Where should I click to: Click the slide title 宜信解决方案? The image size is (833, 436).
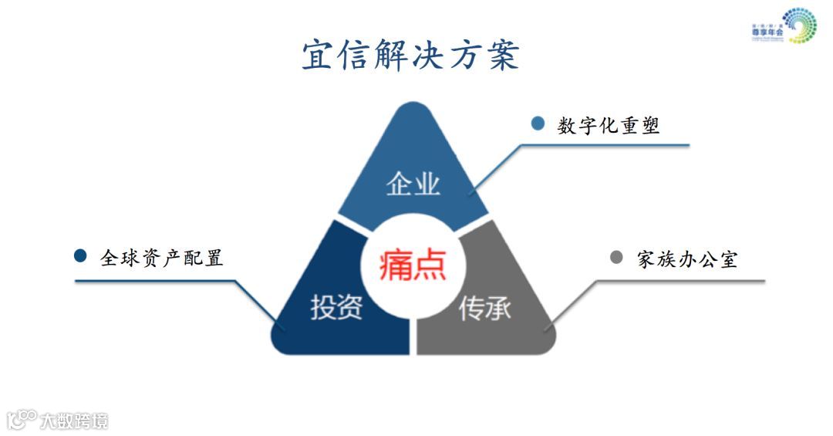410,56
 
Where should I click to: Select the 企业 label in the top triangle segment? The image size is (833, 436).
413,184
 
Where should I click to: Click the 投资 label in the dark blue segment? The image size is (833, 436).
336,307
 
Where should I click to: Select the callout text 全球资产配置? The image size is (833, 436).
162,258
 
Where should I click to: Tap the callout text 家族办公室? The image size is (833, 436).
686,259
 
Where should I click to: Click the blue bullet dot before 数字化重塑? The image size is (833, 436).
538,123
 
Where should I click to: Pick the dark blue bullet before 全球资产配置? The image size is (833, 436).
80,255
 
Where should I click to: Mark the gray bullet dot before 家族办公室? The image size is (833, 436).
616,257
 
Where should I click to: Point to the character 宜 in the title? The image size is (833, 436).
317,56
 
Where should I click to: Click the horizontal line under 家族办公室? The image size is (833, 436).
679,281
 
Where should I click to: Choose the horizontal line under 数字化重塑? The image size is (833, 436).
602,144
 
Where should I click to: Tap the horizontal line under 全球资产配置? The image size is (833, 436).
154,280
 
